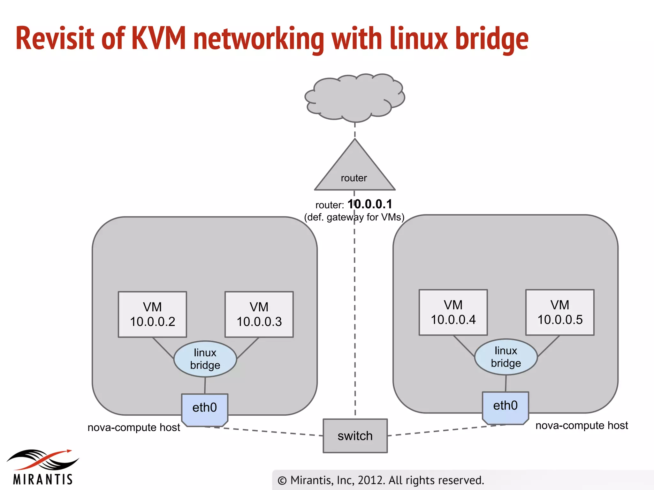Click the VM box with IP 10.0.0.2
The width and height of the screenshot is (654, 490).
(x=152, y=314)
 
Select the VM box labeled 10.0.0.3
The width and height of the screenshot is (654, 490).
(x=259, y=314)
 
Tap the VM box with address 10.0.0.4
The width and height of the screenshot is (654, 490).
(x=453, y=312)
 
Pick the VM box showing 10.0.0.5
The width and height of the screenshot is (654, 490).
(x=560, y=312)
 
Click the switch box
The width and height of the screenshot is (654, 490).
(x=355, y=436)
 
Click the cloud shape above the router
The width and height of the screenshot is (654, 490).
(x=354, y=97)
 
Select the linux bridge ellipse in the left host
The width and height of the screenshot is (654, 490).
(x=205, y=359)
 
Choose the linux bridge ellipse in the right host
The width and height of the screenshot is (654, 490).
(x=506, y=357)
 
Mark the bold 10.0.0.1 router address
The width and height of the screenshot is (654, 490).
(x=369, y=204)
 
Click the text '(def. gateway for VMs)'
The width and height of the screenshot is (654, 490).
(x=354, y=217)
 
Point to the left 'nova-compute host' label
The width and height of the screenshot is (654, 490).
(x=134, y=427)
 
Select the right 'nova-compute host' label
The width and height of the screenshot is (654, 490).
(x=582, y=426)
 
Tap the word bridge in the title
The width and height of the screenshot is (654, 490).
(x=492, y=39)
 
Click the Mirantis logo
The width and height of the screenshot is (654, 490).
(x=43, y=467)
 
